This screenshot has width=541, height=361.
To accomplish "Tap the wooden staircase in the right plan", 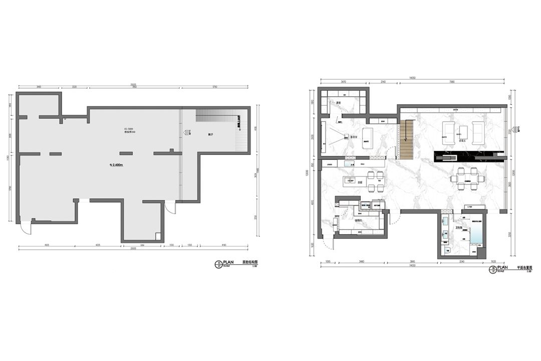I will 408,140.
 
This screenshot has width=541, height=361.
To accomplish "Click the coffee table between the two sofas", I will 463,132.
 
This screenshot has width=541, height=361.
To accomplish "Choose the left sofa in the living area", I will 448,132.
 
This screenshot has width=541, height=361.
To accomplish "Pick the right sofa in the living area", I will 478,132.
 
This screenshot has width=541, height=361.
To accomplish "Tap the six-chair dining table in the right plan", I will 467,179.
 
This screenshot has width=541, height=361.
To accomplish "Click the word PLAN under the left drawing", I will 228,262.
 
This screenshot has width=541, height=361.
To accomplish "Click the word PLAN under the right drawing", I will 502,268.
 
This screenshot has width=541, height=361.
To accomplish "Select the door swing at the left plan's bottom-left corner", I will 25,229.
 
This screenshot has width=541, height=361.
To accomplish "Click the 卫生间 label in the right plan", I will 458,228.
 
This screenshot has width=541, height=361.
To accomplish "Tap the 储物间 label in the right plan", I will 358,220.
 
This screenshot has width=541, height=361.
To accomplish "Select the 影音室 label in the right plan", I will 354,136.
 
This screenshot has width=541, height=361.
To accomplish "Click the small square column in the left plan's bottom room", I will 158,236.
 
